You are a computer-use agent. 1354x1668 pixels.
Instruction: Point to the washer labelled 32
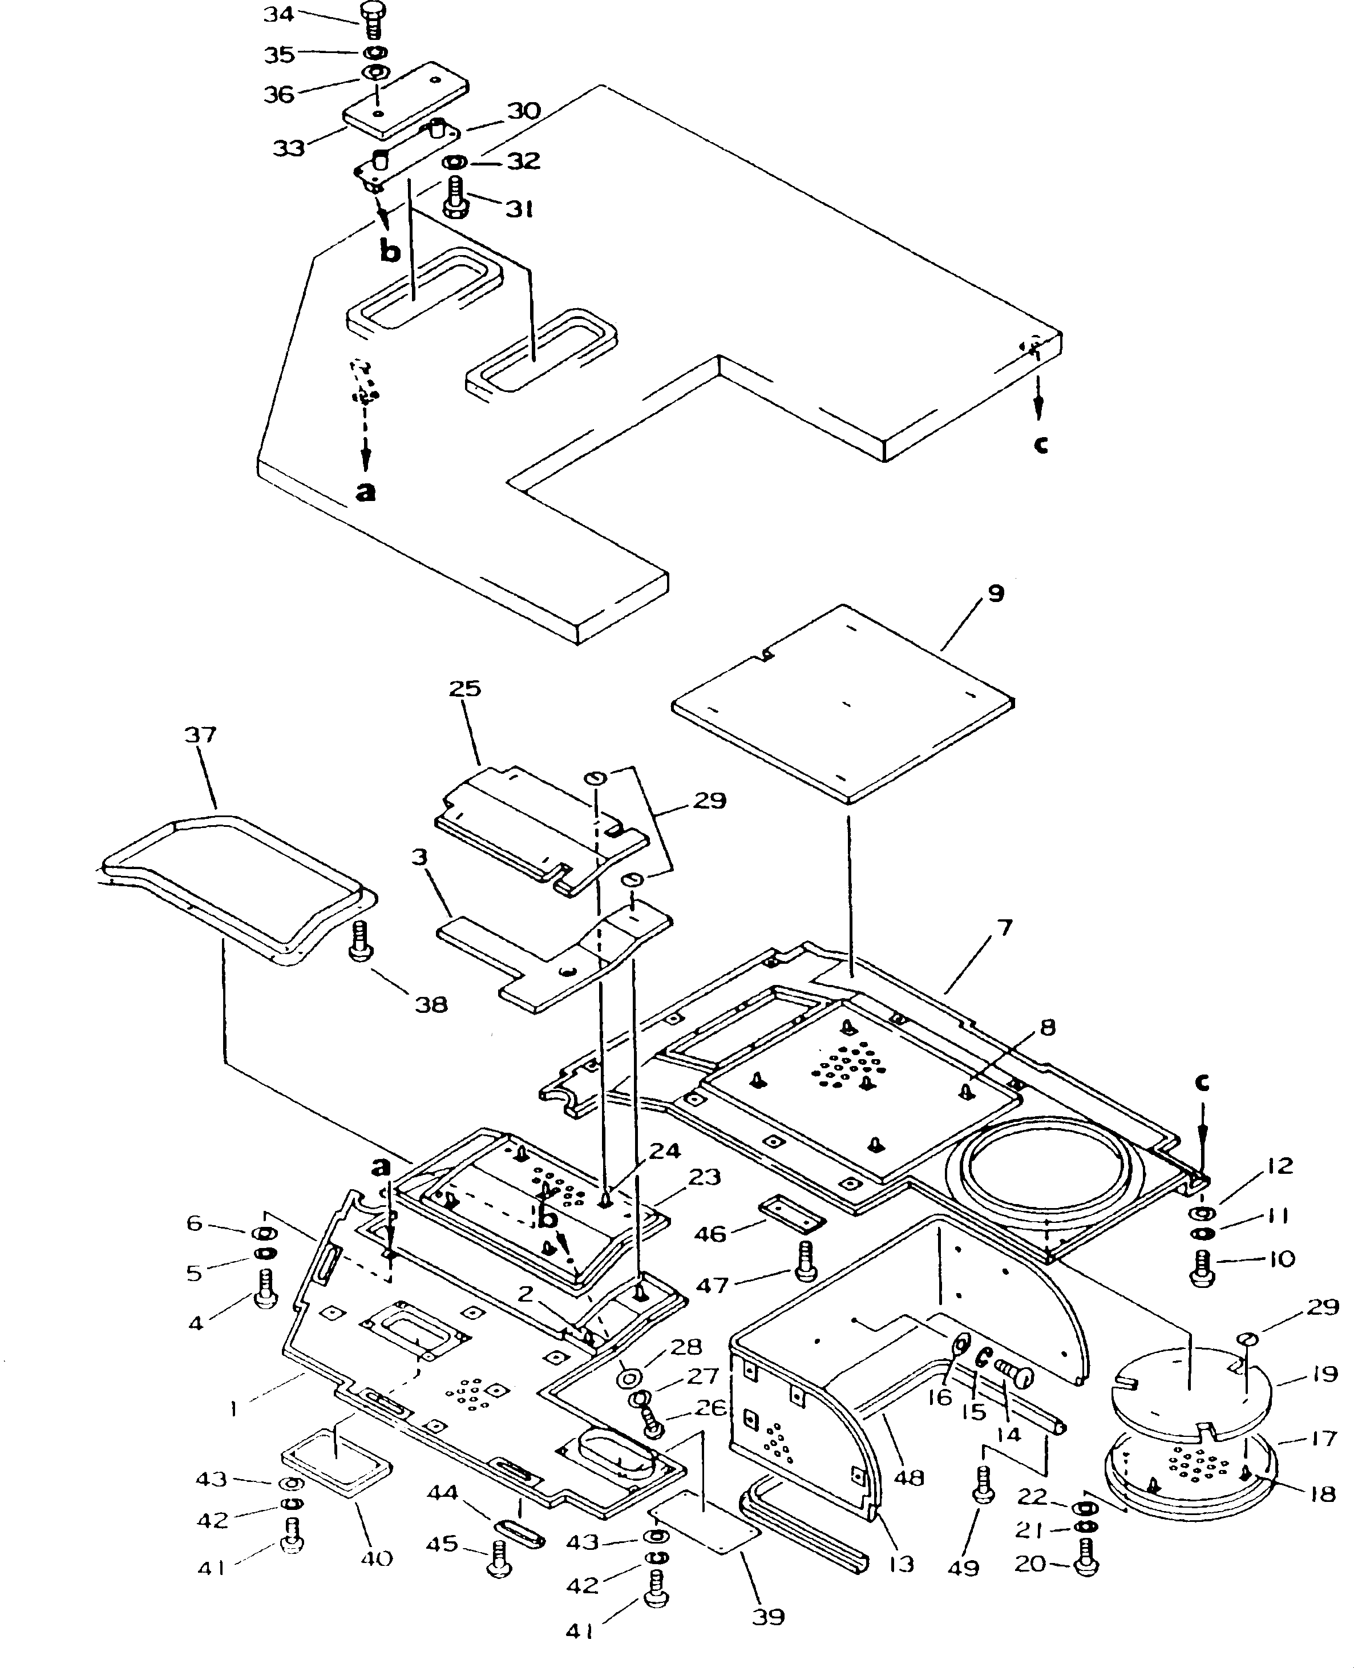tap(455, 163)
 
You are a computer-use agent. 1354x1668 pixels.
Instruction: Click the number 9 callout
tap(996, 593)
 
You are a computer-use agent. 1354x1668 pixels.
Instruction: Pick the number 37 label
tap(200, 734)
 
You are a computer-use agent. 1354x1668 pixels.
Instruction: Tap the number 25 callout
tap(465, 689)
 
